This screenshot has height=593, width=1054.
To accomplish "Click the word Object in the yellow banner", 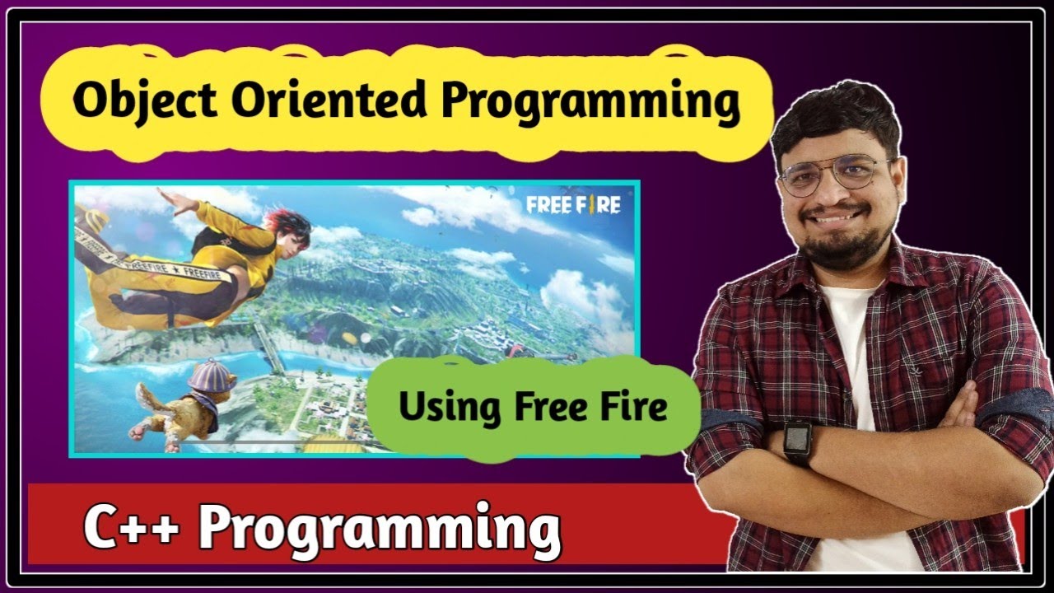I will [145, 102].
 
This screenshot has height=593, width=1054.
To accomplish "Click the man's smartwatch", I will [797, 442].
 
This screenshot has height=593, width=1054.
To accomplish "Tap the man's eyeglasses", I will [834, 175].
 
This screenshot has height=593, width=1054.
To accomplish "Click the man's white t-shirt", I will [848, 346].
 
